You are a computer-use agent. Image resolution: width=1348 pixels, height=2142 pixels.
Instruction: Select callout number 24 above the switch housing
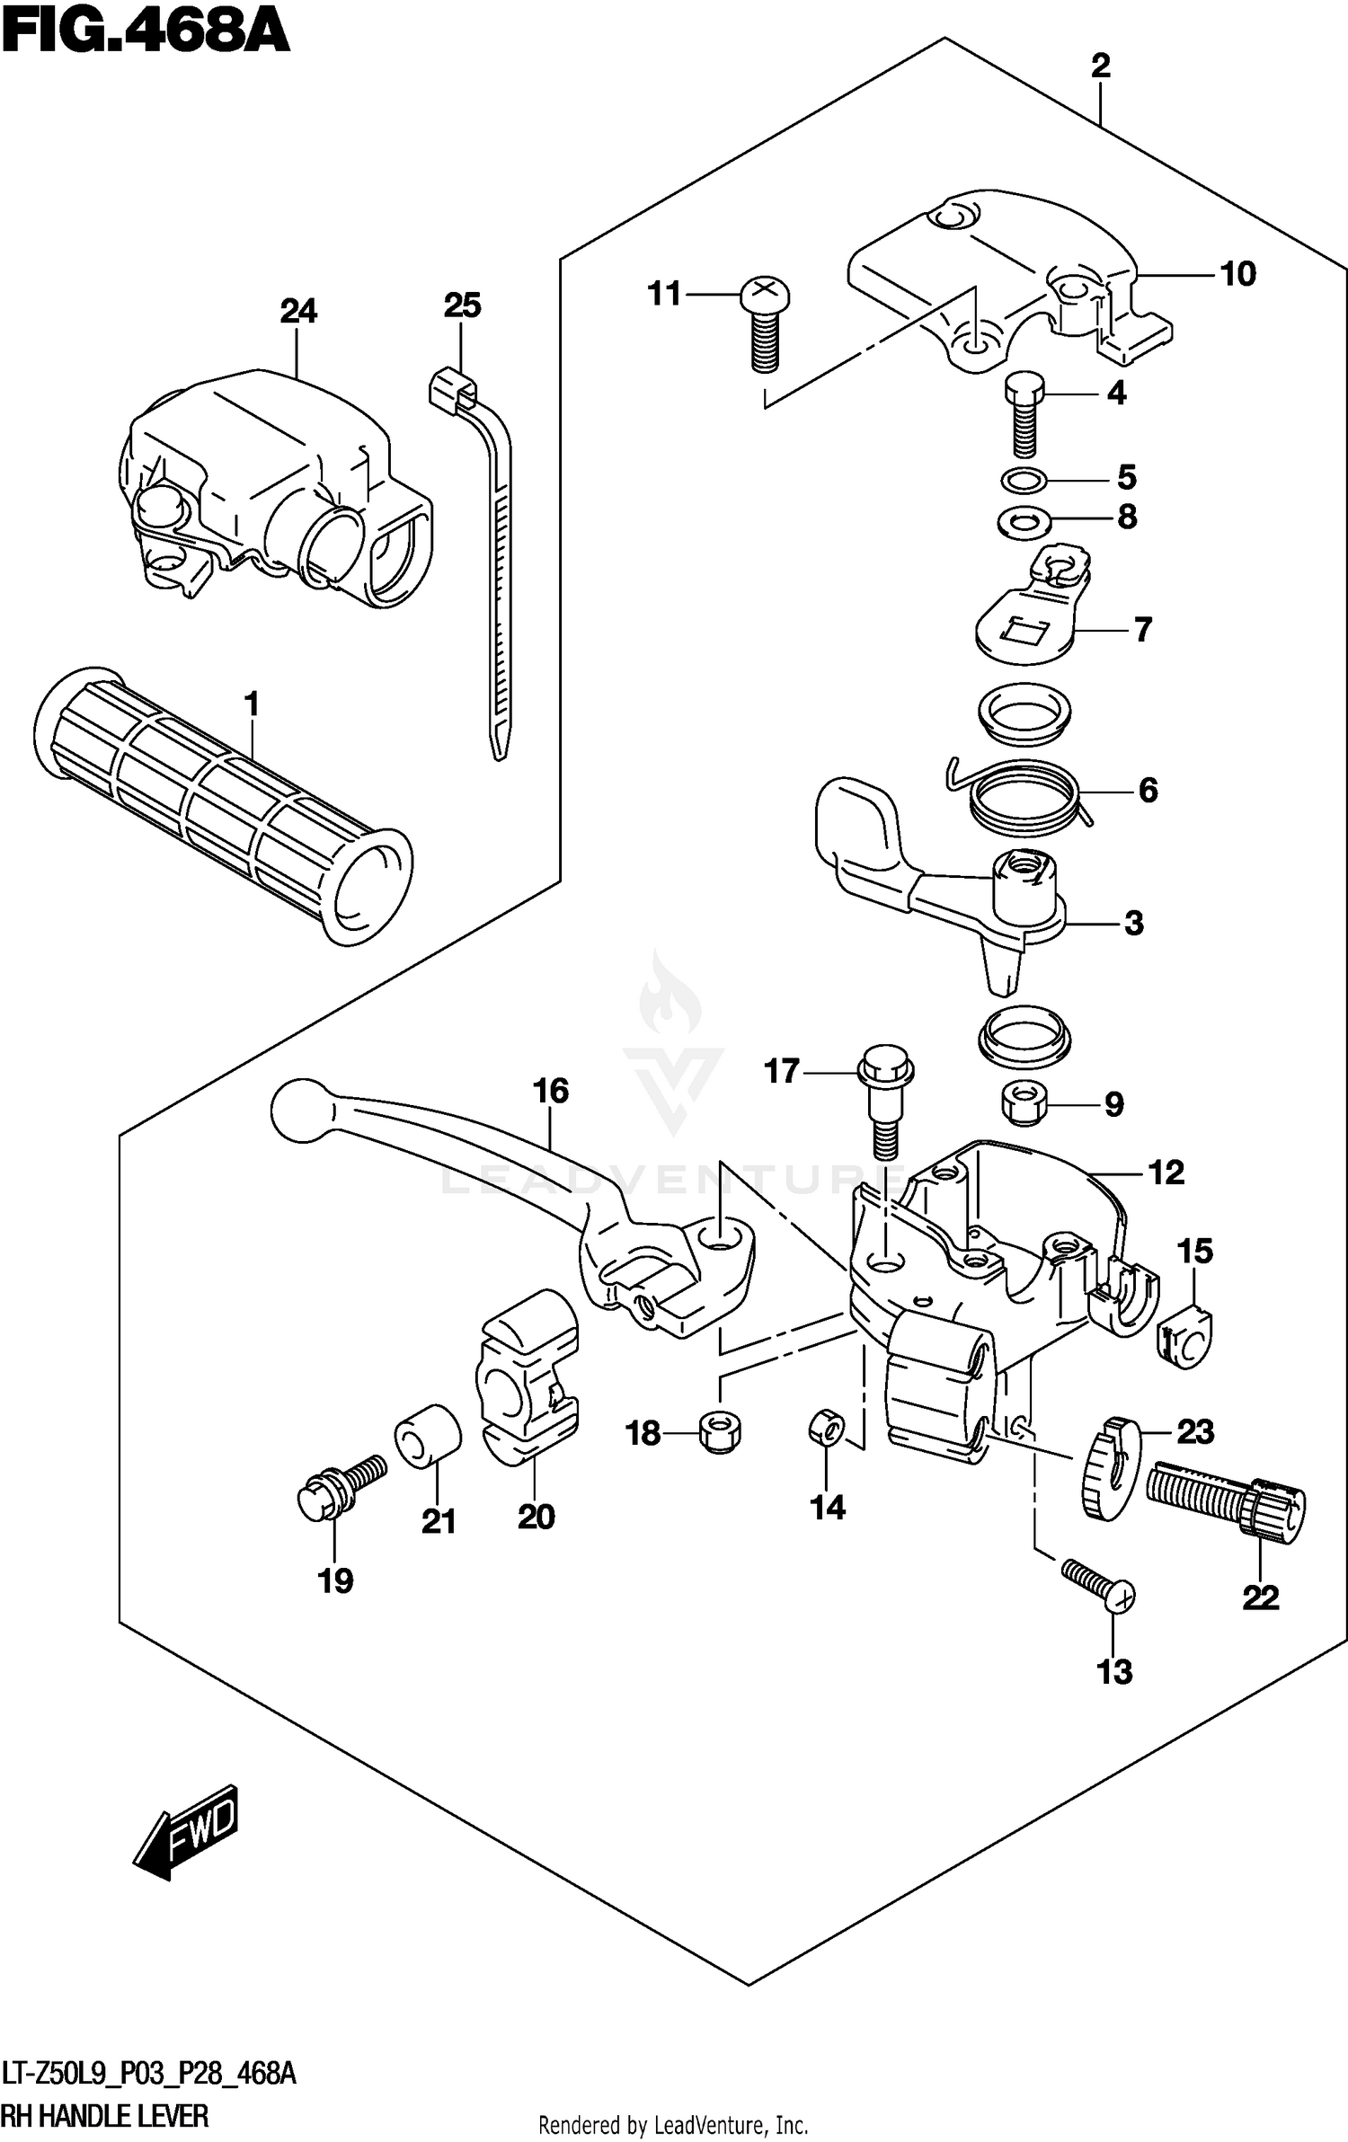[x=298, y=311]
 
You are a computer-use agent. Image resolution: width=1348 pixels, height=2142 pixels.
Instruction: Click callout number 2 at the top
[x=1100, y=66]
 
